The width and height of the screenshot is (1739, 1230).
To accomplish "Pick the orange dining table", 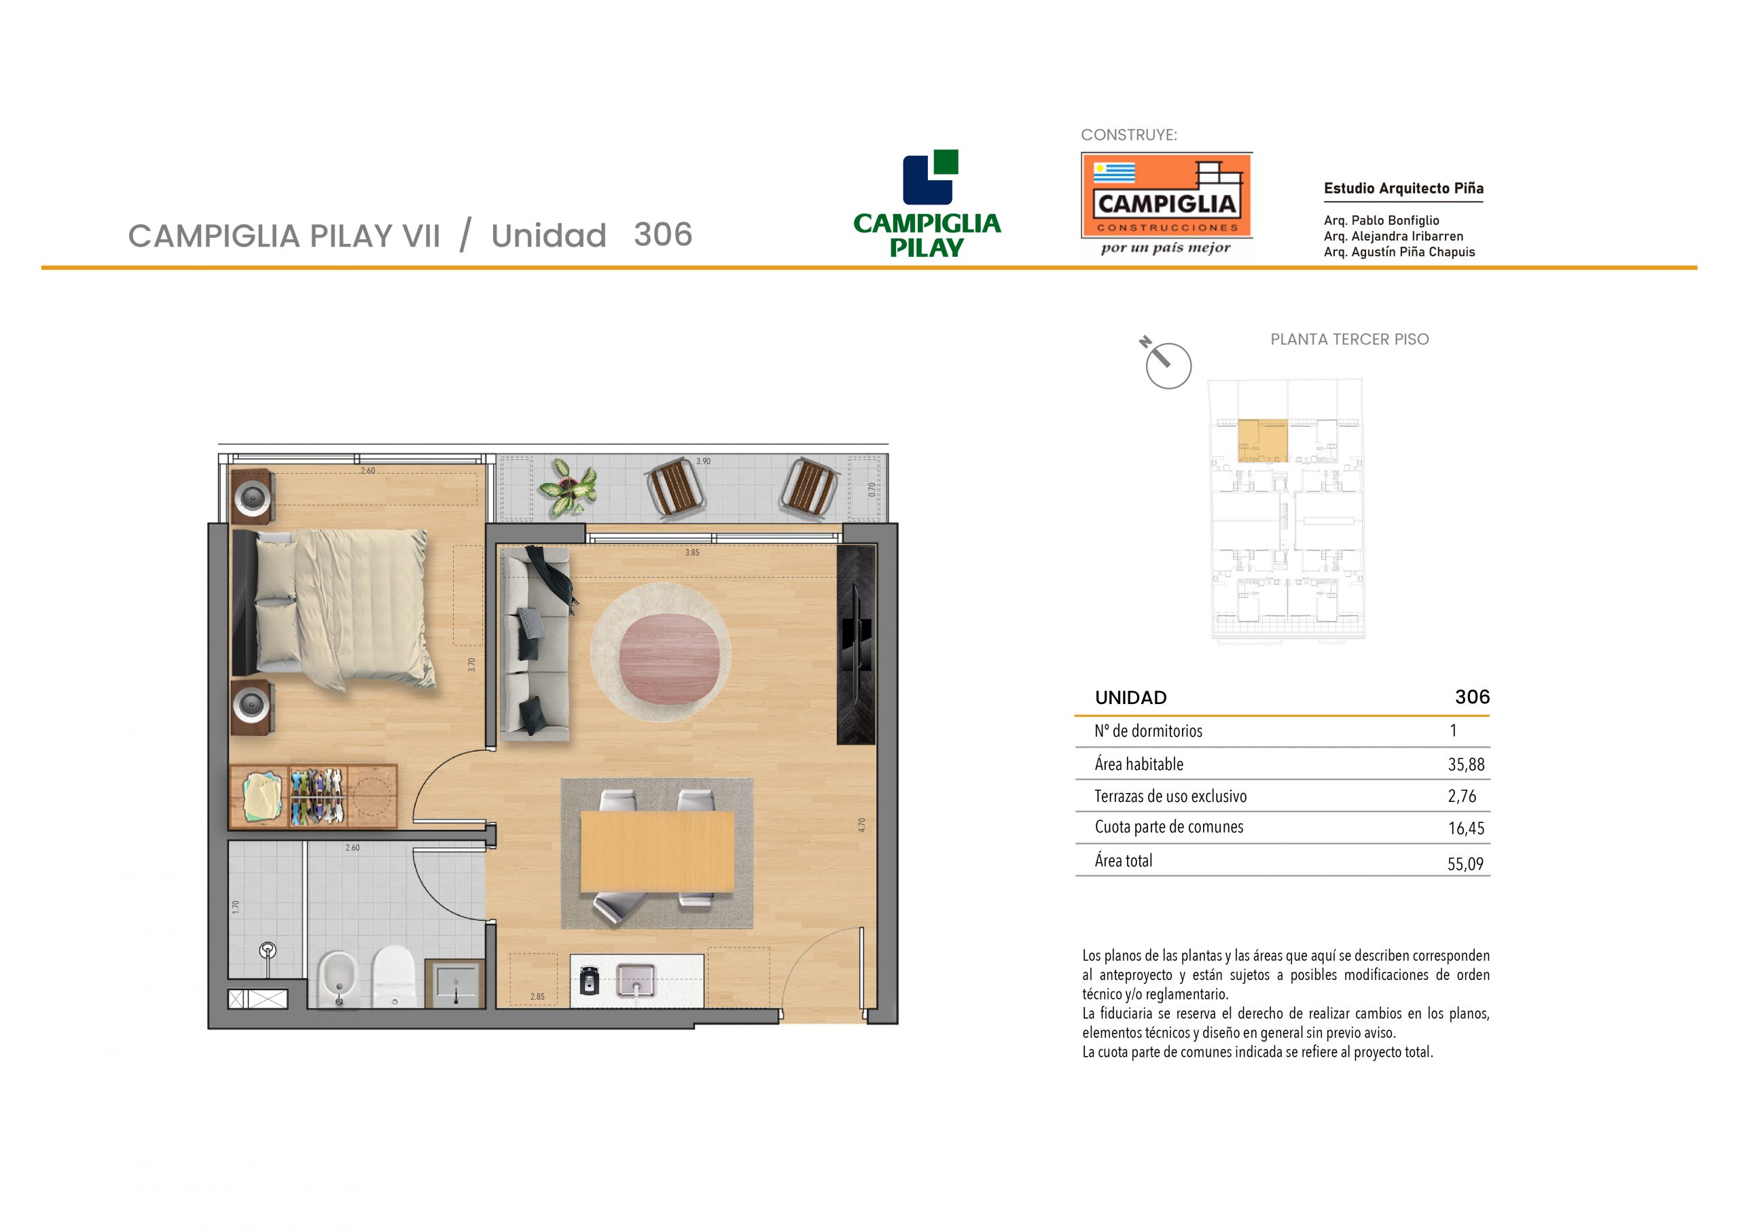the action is pos(657,852).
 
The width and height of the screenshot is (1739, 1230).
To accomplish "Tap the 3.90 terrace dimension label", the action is pos(704,461).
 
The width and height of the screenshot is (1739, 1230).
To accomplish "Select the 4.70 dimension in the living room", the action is pos(861,825).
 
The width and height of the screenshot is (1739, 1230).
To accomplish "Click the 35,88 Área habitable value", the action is pos(1467,765).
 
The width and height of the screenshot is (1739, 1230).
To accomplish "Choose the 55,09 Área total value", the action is pos(1465,864).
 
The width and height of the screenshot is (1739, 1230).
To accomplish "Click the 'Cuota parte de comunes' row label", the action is pos(1168,827).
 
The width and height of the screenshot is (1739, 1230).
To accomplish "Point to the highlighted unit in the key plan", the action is pos(1263,440).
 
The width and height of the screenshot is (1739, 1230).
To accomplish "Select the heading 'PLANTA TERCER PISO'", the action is pos(1350,340).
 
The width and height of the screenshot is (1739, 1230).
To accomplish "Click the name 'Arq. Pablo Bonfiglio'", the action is pos(1382,221).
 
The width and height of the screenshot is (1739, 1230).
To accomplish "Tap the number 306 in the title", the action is pos(664,234).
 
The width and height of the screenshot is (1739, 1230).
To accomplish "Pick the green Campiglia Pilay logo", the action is pos(927,203).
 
